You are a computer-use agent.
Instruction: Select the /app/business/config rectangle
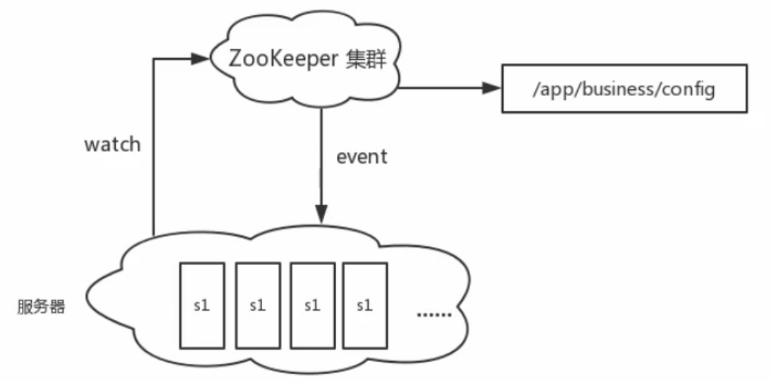tap(624, 89)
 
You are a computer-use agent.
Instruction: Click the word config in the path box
tap(687, 89)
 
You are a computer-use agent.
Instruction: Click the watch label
tap(112, 145)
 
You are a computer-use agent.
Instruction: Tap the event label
tap(362, 157)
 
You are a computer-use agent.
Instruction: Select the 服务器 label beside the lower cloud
tap(41, 307)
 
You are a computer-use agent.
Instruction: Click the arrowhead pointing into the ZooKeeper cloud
tap(202, 58)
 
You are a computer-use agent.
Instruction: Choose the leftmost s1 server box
tap(201, 305)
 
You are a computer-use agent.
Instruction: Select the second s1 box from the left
tap(257, 305)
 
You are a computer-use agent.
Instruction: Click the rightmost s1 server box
tap(366, 305)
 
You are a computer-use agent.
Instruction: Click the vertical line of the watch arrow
tap(154, 151)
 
